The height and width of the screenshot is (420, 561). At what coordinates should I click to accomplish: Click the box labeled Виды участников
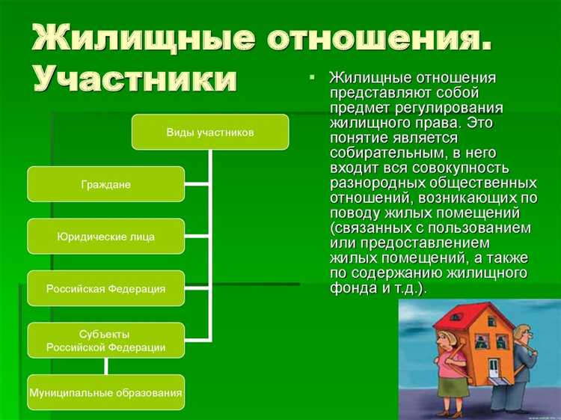tap(210, 132)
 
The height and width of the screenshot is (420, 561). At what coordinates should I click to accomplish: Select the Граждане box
tap(105, 184)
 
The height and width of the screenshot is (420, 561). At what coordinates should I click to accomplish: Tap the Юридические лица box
tap(105, 236)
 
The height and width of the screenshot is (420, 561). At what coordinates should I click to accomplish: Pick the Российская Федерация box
tap(105, 288)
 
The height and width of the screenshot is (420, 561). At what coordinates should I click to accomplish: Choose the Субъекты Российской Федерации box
tap(105, 340)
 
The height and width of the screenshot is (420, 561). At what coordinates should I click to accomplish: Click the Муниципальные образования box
tap(105, 392)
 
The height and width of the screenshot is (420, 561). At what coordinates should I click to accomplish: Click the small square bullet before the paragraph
tap(313, 79)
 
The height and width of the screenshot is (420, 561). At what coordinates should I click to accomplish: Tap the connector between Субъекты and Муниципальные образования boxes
tap(105, 366)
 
